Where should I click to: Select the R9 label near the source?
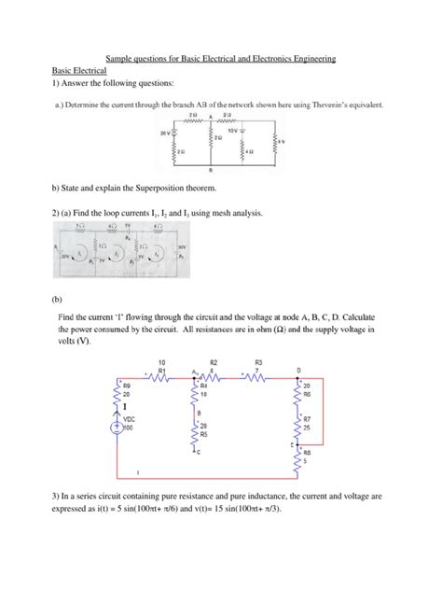pos(127,385)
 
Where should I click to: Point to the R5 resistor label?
pos(203,434)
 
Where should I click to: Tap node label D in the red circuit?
pos(297,371)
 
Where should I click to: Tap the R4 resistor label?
pos(203,385)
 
